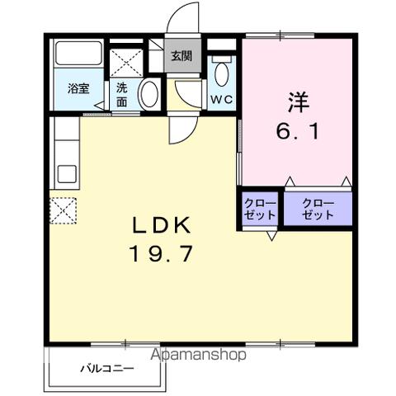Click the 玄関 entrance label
[181, 57]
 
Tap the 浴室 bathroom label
[78, 89]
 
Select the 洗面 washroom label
[121, 95]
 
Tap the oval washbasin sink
[149, 93]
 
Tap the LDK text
[162, 224]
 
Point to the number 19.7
[162, 253]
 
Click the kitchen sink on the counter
[65, 174]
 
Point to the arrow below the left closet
[271, 235]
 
